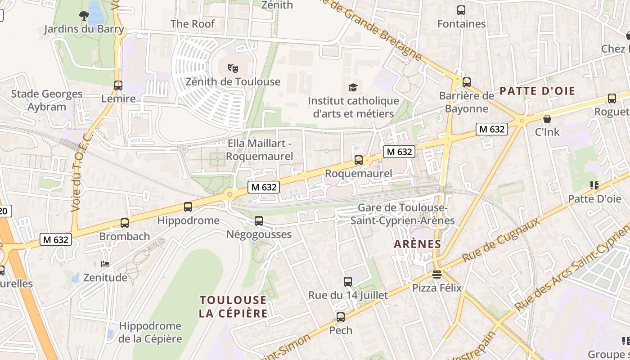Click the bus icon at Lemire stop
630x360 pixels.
click(x=118, y=85)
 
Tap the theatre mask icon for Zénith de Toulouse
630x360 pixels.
click(x=233, y=68)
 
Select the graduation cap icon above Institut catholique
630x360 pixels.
click(x=353, y=87)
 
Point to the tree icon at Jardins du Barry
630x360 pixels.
click(x=84, y=16)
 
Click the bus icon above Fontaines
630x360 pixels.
click(x=461, y=10)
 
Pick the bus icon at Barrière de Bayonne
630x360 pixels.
click(x=467, y=82)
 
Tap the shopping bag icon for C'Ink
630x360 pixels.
click(x=547, y=119)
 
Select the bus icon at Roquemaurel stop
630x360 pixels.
click(x=359, y=160)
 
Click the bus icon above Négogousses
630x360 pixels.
click(x=258, y=221)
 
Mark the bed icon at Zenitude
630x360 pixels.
click(x=105, y=264)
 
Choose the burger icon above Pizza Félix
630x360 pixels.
click(x=436, y=274)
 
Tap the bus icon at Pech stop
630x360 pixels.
click(x=341, y=317)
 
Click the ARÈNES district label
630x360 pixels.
click(x=417, y=244)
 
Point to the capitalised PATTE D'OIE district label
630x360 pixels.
click(x=537, y=91)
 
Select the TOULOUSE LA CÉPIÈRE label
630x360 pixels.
click(x=233, y=306)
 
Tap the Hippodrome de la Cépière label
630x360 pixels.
click(x=150, y=332)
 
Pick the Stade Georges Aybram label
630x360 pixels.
click(x=47, y=100)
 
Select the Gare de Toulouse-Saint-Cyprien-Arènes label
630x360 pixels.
click(x=403, y=214)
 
